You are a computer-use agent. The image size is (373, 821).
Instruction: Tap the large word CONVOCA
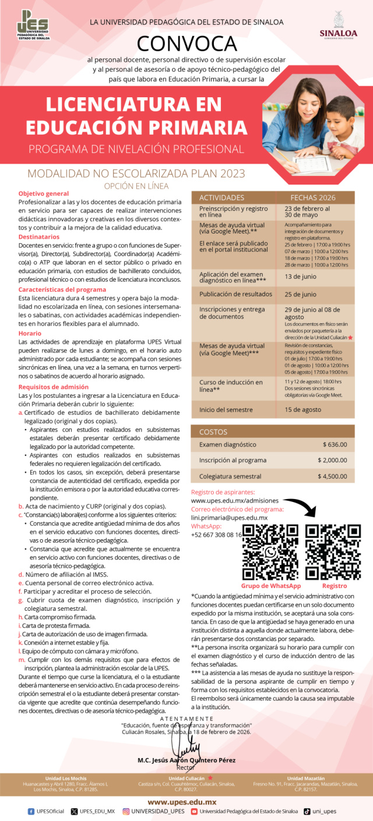[186, 44]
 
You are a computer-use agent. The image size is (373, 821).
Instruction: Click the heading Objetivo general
[43, 193]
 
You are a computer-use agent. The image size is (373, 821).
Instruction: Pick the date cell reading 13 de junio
[301, 277]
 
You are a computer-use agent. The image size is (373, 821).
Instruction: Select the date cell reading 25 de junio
[301, 294]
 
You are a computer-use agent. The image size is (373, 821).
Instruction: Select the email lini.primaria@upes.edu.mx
[229, 518]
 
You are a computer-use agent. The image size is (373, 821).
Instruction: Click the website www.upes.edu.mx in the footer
[186, 802]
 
